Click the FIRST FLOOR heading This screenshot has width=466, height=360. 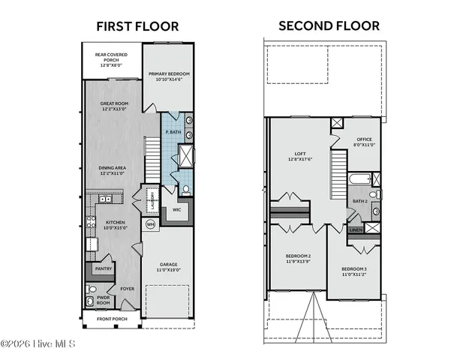[137, 26]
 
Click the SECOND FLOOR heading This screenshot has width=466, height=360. [329, 25]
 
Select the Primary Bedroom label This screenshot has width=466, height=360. [169, 73]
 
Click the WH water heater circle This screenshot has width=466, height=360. [150, 223]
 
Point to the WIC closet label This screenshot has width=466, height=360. [177, 210]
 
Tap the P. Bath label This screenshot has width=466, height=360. [173, 133]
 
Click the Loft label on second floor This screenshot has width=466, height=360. [299, 155]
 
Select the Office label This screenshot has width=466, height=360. [365, 139]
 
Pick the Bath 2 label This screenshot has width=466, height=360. [361, 201]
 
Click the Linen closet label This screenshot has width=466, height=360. [356, 229]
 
